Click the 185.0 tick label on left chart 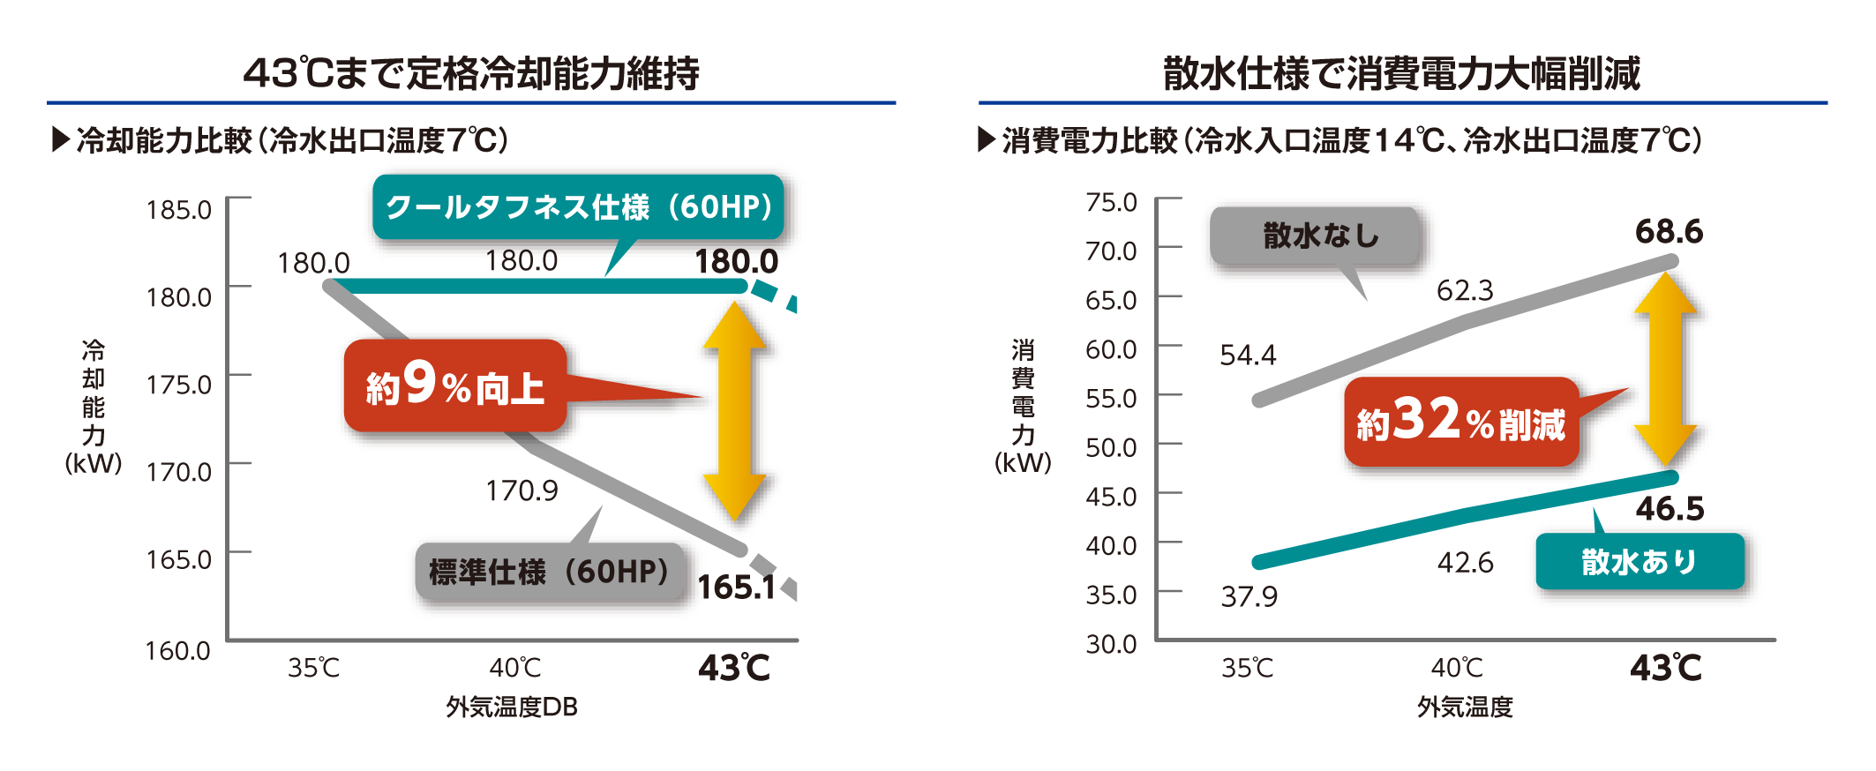coord(178,210)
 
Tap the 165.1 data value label coord(736,588)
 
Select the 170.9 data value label coord(522,490)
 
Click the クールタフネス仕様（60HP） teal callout coord(578,207)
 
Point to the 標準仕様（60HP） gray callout coord(549,572)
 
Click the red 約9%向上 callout coord(455,386)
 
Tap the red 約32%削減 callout coord(1461,422)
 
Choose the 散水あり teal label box coord(1640,562)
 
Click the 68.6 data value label coord(1669,232)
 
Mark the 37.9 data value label coord(1249,597)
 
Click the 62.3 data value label coord(1465,290)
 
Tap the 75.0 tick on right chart coord(1111,203)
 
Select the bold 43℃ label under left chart coord(733,668)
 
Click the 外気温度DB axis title coord(511,707)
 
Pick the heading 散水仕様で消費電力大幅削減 coord(1401,73)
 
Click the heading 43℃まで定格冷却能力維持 coord(471,73)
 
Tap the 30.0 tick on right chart coord(1111,644)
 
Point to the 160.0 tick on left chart coord(177,651)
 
